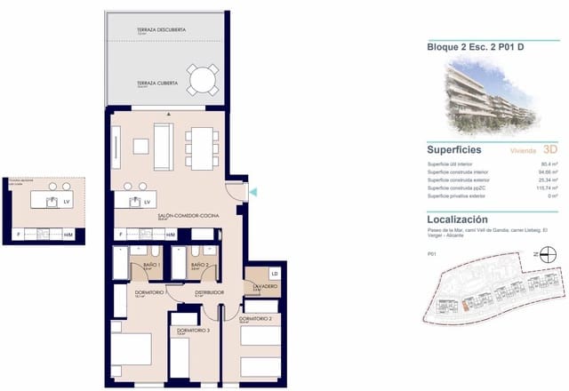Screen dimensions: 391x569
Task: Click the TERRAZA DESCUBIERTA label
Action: (161, 30)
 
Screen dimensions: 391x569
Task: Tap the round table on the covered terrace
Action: (203, 82)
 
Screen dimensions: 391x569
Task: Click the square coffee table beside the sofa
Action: (140, 146)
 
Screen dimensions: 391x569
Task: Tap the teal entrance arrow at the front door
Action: (252, 191)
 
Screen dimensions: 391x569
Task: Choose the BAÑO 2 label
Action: (201, 264)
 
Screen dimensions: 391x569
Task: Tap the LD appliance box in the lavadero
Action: (274, 274)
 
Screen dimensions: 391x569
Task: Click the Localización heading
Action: (457, 219)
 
